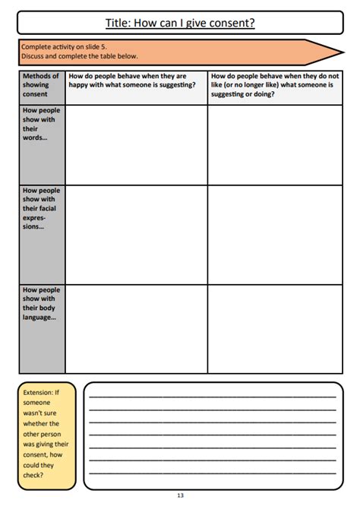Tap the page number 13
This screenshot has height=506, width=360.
180,495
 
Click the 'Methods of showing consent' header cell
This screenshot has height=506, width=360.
41,85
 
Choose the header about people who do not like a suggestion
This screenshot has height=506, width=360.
275,85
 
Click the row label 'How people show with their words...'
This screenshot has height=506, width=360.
41,124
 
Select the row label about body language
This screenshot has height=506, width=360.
41,303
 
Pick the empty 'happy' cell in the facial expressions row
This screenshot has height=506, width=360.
136,234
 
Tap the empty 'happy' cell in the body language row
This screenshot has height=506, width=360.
136,328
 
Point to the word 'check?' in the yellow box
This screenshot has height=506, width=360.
33,475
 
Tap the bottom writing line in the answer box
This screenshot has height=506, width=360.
213,473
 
